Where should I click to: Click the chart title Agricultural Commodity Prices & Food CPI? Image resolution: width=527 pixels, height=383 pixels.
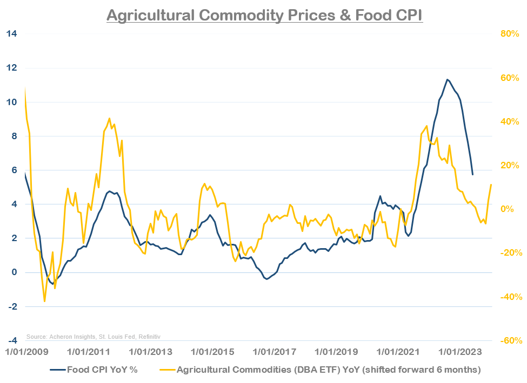[264, 15]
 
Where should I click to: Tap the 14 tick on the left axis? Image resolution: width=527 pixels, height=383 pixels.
[11, 34]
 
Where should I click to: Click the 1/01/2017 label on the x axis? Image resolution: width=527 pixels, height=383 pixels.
[275, 352]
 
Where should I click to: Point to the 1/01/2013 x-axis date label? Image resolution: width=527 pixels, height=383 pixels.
[151, 352]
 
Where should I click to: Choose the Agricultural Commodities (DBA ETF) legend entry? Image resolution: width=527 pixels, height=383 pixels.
[319, 370]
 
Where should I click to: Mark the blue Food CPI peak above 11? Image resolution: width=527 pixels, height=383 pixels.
[447, 79]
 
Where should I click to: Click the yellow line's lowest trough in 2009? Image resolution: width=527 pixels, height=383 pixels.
[44, 301]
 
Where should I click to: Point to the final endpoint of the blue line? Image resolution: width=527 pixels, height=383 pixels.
[473, 174]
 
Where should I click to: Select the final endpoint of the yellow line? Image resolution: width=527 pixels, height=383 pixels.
[491, 184]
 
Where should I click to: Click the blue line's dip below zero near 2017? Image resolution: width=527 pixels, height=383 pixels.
[266, 279]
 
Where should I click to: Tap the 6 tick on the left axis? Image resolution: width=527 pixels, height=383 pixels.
[13, 170]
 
